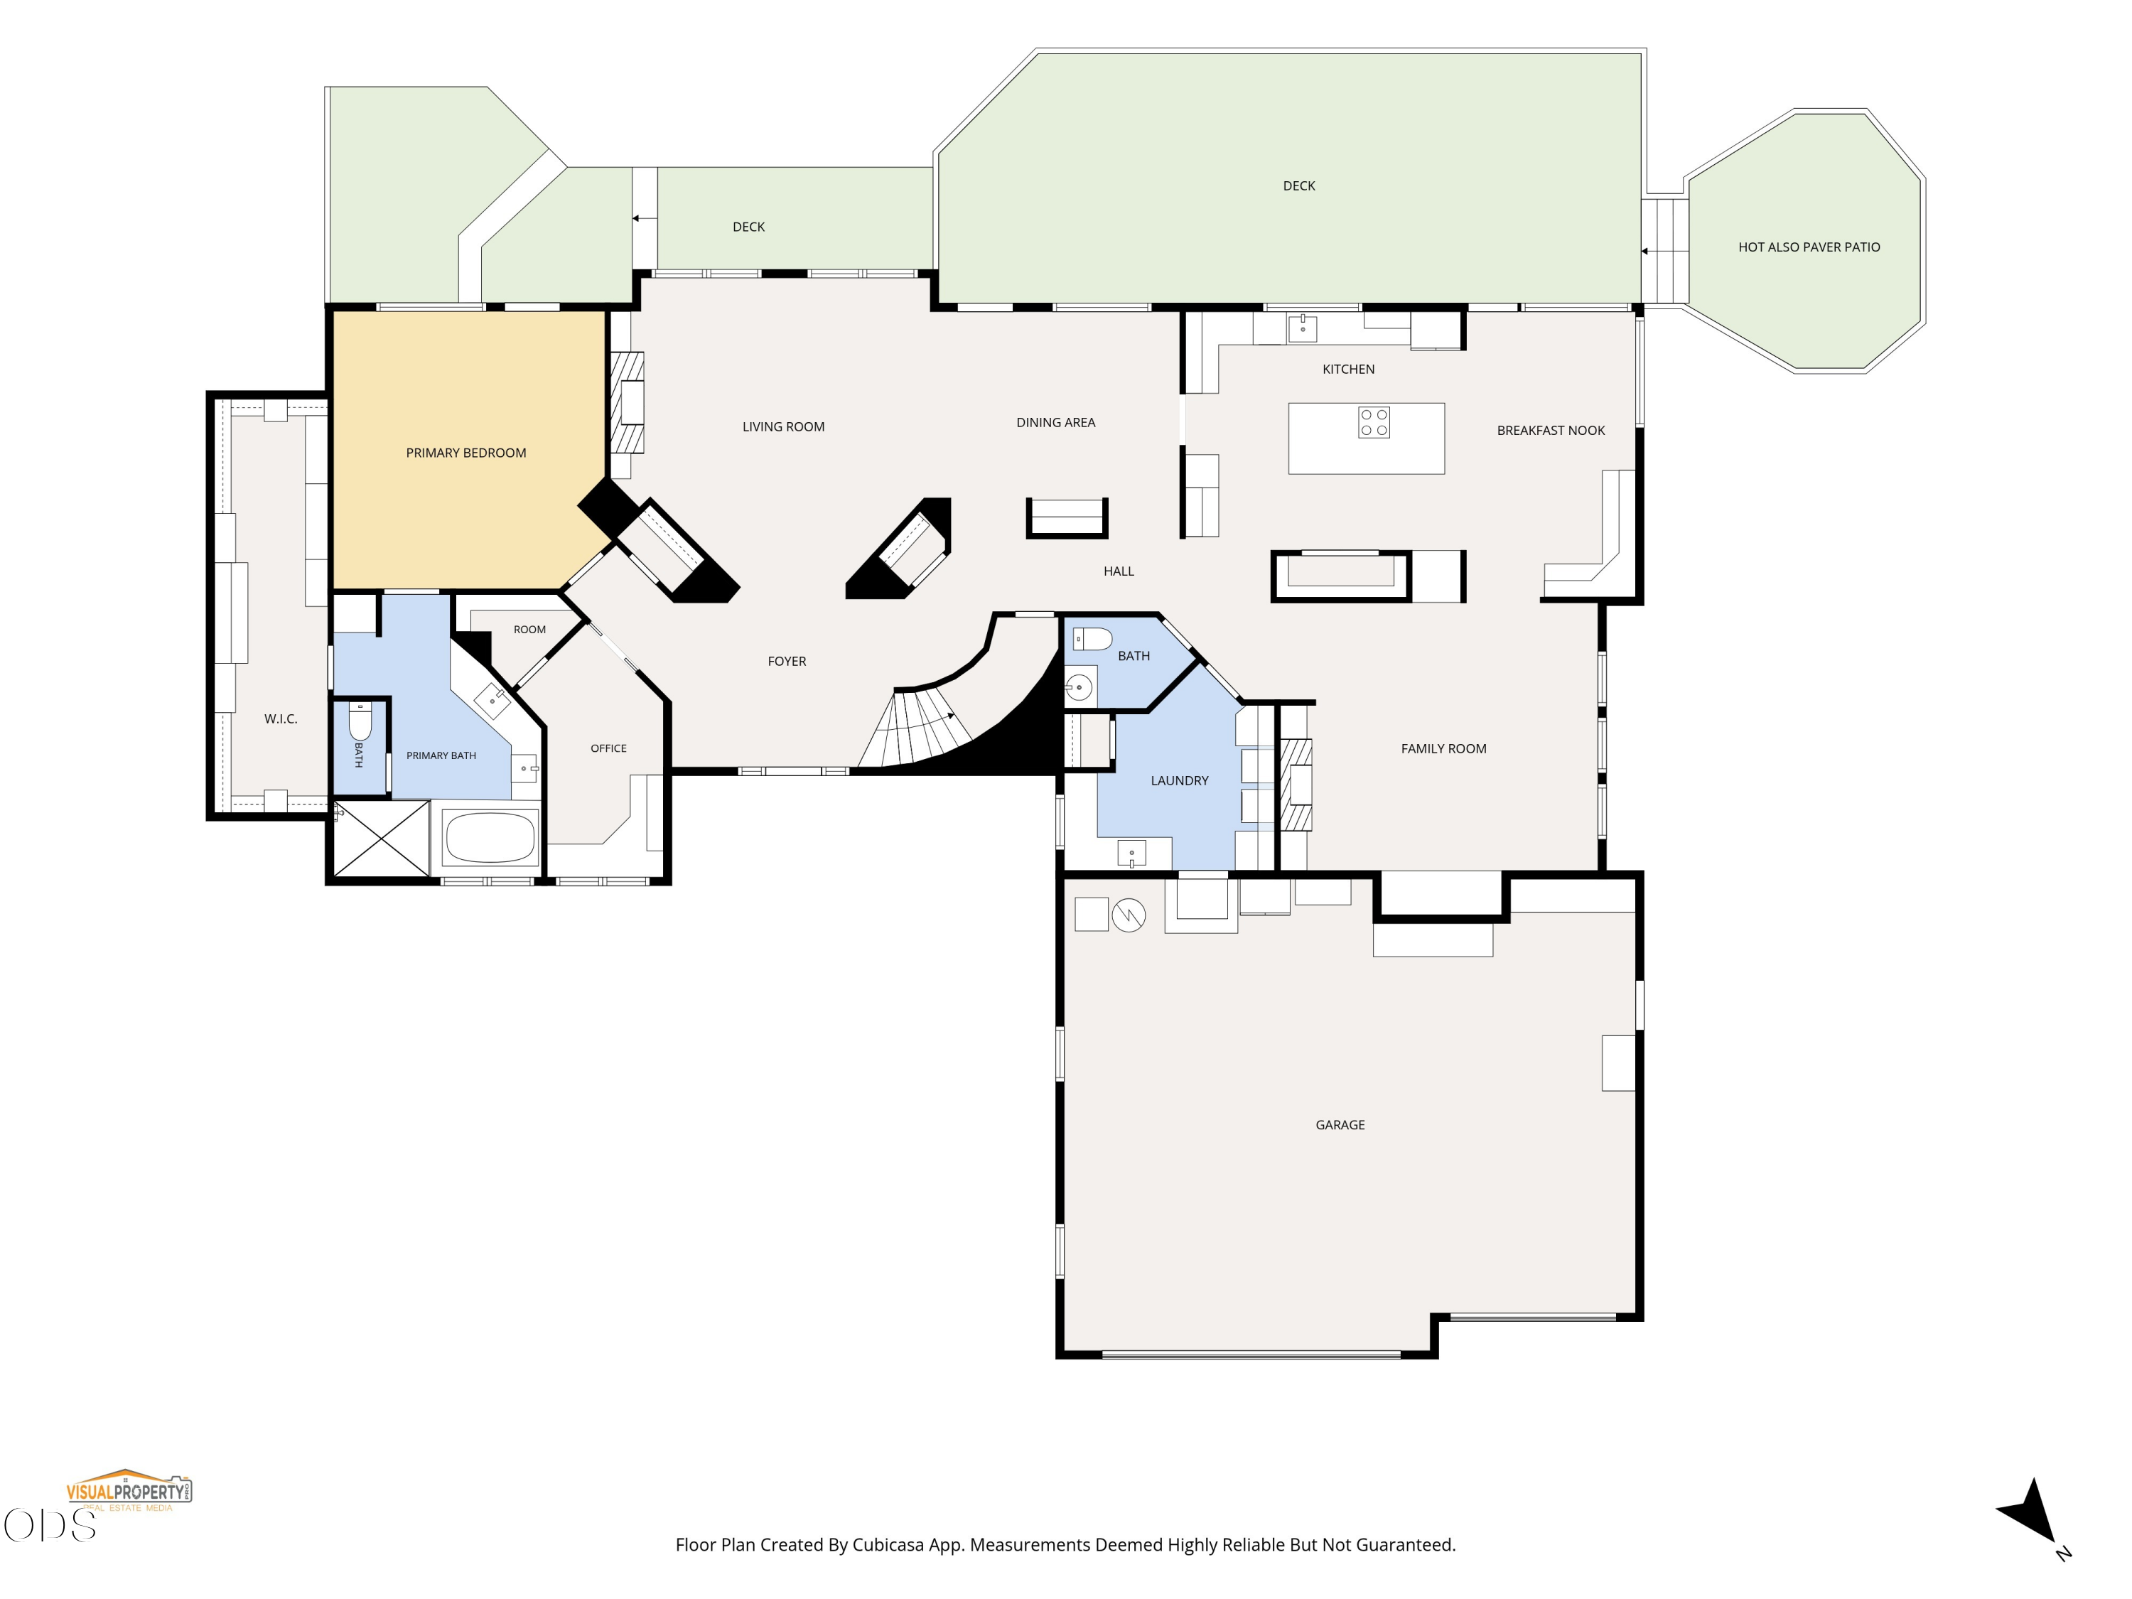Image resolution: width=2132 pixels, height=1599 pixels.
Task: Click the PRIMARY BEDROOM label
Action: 465,453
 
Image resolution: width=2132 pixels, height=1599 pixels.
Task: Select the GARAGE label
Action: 1340,1125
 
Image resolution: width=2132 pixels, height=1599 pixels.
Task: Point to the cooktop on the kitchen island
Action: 1374,423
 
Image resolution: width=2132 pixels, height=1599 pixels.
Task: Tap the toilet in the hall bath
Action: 1092,638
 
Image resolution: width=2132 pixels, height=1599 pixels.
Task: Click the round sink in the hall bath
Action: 1079,687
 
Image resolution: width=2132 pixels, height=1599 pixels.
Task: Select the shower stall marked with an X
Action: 382,839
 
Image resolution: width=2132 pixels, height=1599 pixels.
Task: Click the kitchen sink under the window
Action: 1302,328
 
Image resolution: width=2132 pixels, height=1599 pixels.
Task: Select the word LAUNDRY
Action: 1179,781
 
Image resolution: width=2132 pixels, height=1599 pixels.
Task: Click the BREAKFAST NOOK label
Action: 1550,431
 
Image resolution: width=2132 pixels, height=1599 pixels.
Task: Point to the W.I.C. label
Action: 281,719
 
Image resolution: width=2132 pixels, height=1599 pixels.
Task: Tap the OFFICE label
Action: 608,749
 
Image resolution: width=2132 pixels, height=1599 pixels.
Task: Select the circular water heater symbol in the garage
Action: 1129,915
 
